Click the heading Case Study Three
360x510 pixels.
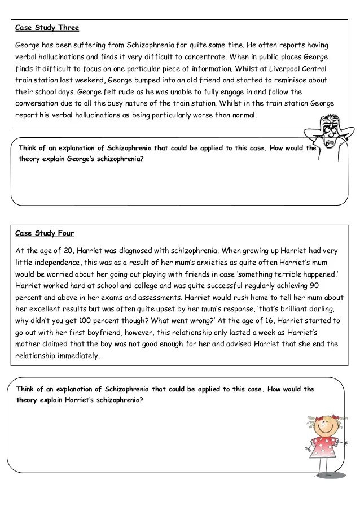(47, 27)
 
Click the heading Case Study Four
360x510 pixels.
(45, 233)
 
